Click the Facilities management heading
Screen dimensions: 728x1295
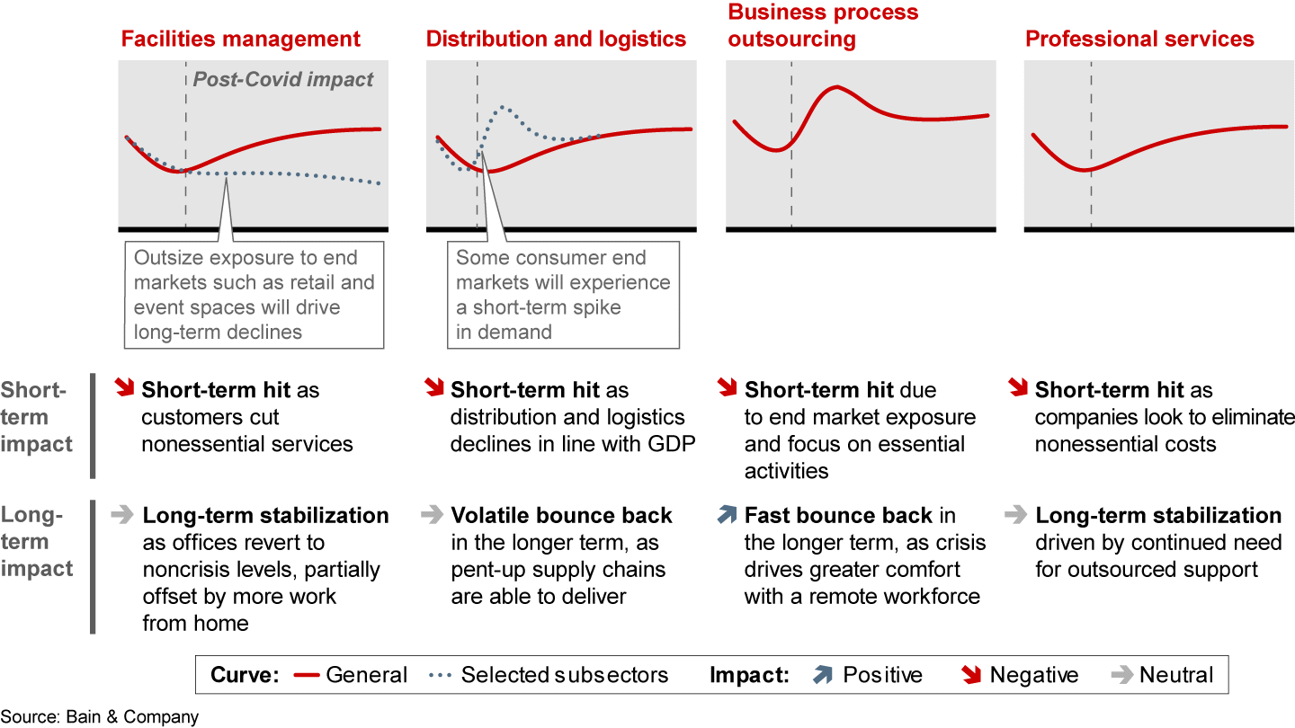point(240,40)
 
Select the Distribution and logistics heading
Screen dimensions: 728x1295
point(556,40)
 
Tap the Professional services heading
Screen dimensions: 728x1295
point(1139,40)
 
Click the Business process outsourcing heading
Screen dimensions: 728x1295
point(823,26)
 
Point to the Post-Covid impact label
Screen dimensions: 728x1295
point(283,79)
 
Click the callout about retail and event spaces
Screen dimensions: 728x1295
point(255,295)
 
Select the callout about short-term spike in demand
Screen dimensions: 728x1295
point(563,295)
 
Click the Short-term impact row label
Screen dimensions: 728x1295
point(36,417)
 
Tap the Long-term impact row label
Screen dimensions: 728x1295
point(36,542)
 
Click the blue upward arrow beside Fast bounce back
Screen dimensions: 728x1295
point(726,515)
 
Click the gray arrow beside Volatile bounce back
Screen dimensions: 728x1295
point(432,515)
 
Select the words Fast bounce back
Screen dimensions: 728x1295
point(838,515)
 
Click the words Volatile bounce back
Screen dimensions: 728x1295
point(561,515)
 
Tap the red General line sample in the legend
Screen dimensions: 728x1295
point(308,676)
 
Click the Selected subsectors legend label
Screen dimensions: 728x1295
point(564,675)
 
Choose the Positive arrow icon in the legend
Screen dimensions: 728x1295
point(821,675)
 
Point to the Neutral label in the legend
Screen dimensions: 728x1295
point(1176,675)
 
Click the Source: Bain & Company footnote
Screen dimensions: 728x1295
point(100,716)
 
